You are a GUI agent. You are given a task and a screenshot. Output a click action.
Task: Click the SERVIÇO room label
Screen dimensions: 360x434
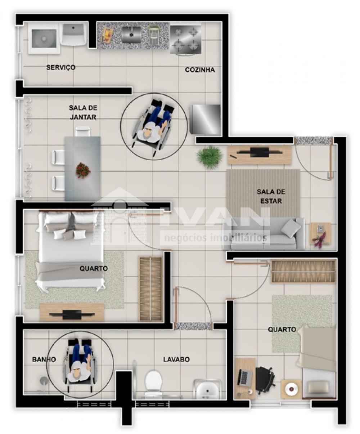coord(60,68)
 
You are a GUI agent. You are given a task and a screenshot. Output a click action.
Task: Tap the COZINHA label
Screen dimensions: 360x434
coord(200,70)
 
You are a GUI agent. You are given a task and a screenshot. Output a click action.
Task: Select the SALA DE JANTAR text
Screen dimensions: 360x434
coord(83,112)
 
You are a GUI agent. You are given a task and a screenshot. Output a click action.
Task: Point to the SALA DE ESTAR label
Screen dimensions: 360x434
coord(271,196)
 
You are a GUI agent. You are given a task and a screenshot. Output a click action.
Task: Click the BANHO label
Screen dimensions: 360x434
coord(44,359)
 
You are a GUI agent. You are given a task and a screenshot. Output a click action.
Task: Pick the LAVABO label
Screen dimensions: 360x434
coord(176,359)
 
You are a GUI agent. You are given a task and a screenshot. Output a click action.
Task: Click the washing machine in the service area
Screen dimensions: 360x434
coord(44,39)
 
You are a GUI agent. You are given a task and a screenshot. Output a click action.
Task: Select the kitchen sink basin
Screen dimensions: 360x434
coord(131,35)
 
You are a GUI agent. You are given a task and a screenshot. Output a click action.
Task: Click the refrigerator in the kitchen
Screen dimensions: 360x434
coord(206,119)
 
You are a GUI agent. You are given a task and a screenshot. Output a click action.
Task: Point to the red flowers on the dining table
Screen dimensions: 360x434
coord(83,170)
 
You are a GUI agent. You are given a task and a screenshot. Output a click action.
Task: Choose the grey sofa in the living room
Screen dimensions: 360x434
coord(264,234)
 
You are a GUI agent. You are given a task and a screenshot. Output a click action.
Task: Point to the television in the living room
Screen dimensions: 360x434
coord(259,153)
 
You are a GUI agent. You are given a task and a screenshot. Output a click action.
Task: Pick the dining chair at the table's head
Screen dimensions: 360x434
coord(83,131)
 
